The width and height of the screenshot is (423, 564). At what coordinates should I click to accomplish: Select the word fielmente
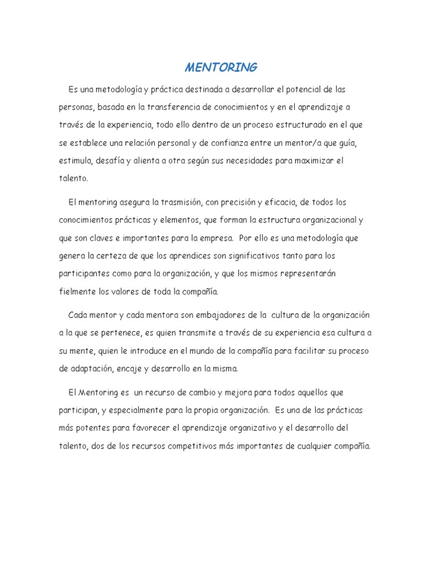(78, 291)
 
